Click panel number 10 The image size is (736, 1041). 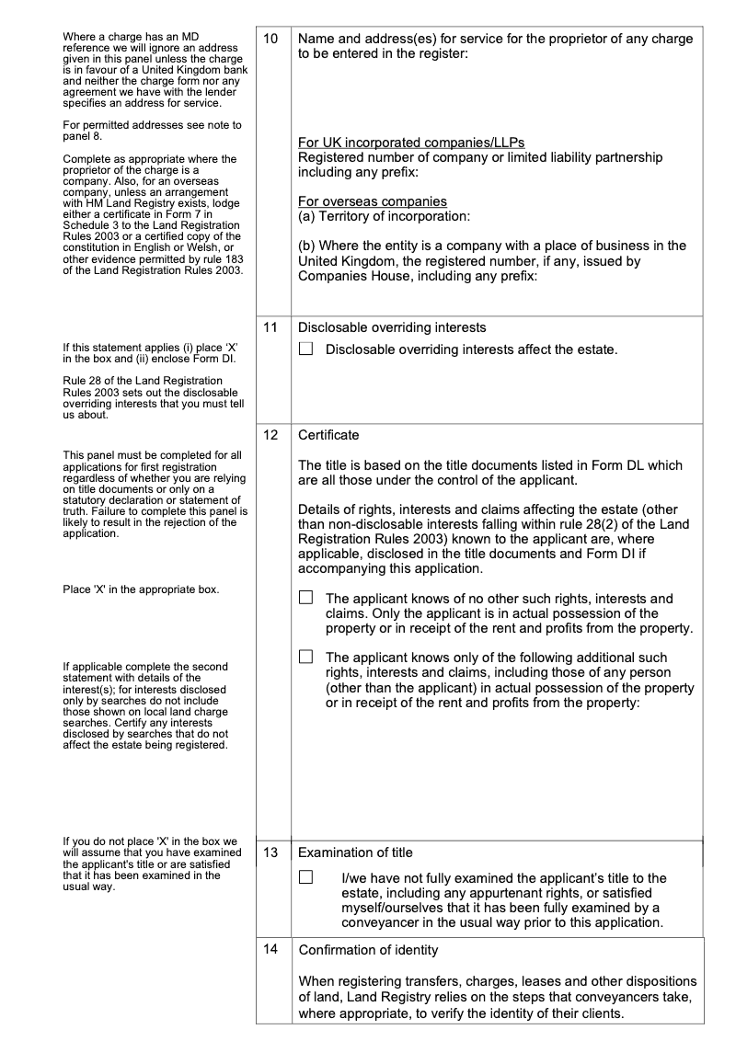click(x=270, y=40)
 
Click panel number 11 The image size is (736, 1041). click(x=270, y=327)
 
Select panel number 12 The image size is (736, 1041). click(x=270, y=435)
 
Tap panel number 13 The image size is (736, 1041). click(x=270, y=852)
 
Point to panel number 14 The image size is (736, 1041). click(x=270, y=950)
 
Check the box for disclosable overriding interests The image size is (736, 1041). click(x=306, y=349)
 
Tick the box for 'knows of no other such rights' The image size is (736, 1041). click(x=306, y=598)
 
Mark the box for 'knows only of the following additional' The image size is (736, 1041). click(x=306, y=657)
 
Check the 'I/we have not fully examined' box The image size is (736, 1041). click(x=306, y=878)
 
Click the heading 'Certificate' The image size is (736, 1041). click(x=328, y=435)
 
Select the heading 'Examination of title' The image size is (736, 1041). click(x=355, y=852)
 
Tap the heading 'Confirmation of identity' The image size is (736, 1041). click(x=368, y=950)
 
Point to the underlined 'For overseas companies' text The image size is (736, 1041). click(x=373, y=201)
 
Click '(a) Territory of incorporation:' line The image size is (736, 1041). click(x=385, y=216)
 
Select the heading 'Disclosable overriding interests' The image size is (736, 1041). click(x=393, y=327)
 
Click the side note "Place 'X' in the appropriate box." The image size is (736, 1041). click(x=141, y=589)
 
